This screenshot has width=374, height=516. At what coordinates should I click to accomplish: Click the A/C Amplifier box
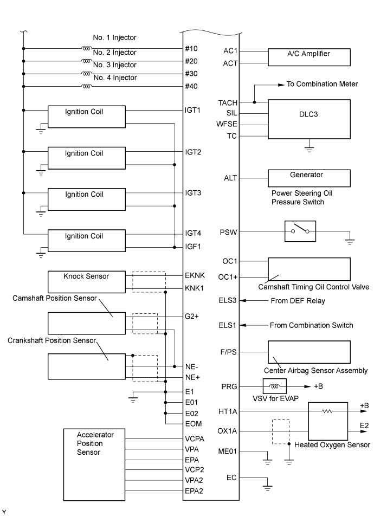click(x=308, y=57)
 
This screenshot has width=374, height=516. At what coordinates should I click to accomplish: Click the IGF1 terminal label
click(x=193, y=247)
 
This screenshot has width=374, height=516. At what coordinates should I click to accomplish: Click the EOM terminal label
click(x=192, y=424)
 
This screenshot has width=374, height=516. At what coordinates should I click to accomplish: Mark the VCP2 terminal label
click(x=194, y=469)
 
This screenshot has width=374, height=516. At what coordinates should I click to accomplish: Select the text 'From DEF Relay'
click(x=298, y=300)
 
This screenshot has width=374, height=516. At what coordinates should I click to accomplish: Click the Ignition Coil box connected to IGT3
click(x=86, y=198)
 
